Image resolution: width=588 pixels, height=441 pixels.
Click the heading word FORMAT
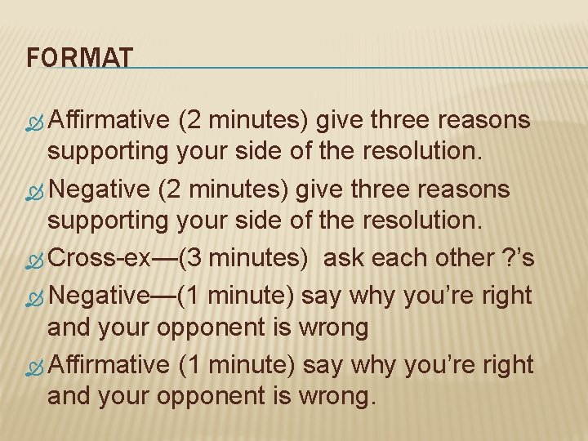(x=79, y=59)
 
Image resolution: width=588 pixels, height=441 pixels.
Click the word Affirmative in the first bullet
(x=108, y=120)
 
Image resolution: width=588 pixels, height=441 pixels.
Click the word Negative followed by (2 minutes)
(x=100, y=189)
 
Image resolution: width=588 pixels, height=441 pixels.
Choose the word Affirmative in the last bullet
(x=108, y=363)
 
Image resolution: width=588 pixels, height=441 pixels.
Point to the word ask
(x=344, y=259)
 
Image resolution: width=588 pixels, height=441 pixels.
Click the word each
(x=395, y=259)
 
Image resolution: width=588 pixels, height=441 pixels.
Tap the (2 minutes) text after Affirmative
(x=243, y=120)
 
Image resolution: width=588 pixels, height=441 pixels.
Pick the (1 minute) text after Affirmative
(x=237, y=363)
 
